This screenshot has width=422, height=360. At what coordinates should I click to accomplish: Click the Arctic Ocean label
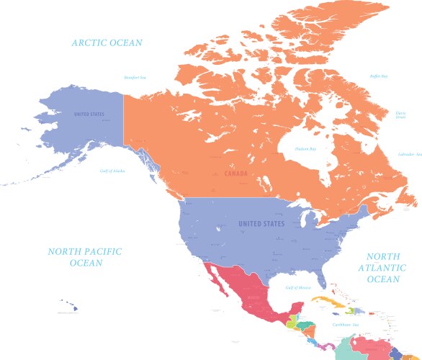coord(107,43)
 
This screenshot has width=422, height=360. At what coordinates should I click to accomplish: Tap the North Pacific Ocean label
coord(85,257)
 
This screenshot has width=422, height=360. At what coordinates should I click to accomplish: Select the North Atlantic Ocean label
coord(382,268)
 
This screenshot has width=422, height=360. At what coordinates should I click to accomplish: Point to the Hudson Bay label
coord(305,149)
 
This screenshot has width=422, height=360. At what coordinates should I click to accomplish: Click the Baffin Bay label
coord(379,76)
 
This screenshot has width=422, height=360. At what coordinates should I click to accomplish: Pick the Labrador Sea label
coord(409,154)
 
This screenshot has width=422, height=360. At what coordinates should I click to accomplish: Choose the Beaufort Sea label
coord(135,77)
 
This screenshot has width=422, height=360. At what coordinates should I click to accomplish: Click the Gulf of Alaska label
coord(112,171)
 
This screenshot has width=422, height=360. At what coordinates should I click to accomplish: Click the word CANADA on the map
coord(235,174)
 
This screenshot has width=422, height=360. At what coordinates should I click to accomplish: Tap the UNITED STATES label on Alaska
coord(89,114)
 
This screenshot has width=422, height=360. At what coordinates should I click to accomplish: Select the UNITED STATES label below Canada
coord(261,224)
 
